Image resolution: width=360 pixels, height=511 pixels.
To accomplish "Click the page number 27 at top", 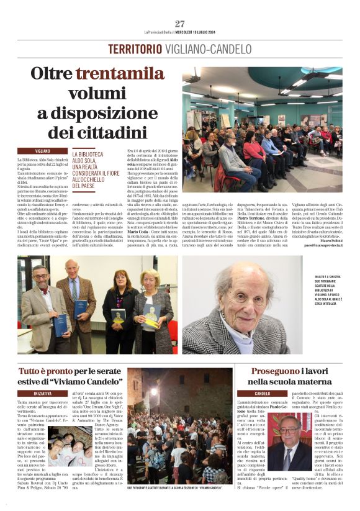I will [180, 24].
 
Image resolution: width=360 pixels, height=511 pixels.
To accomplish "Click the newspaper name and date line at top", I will [179, 32].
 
